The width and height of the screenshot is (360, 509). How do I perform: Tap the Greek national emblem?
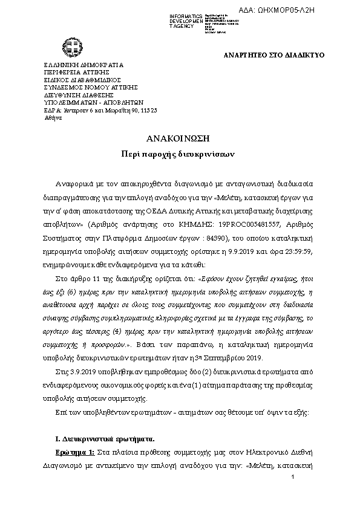pyautogui.click(x=66, y=47)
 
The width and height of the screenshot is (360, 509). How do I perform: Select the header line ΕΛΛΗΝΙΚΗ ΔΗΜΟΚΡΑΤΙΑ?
pyautogui.click(x=84, y=65)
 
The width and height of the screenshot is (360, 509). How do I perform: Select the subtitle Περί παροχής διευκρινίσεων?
pyautogui.click(x=180, y=154)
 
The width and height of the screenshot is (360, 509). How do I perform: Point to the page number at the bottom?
pyautogui.click(x=292, y=478)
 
